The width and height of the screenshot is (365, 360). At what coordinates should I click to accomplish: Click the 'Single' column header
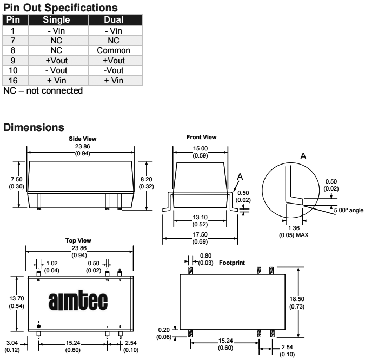coord(56,20)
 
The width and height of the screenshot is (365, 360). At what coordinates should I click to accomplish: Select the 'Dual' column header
coord(113,20)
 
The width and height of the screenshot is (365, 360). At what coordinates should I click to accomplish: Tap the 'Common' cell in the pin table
coord(113,50)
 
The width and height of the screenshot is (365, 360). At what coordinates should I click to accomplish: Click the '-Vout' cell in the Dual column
coord(113,70)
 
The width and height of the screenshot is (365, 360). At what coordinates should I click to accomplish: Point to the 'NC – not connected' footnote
coord(43,91)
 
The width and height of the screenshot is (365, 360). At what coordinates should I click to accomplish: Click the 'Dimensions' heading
coord(34,128)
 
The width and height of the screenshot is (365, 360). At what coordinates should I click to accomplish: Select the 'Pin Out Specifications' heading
coord(61,8)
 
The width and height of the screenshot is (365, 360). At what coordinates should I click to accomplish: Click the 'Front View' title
coord(201,137)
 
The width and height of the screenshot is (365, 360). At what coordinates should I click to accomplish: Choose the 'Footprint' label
coord(232,263)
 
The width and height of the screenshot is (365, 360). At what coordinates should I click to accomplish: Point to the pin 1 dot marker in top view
coord(38,324)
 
